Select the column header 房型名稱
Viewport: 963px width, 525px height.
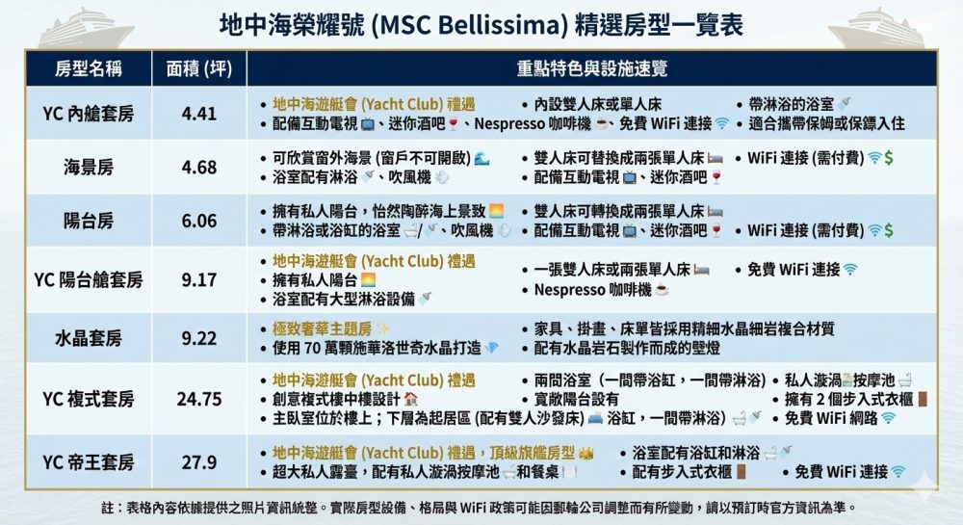pos(87,68)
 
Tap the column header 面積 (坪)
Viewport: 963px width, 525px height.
pos(199,68)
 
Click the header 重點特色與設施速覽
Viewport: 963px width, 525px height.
pos(592,68)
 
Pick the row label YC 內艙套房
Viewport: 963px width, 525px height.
pos(88,114)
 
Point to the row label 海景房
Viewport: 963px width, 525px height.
pos(88,168)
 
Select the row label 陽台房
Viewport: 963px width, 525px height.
pos(88,221)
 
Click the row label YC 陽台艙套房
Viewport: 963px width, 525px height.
pos(88,280)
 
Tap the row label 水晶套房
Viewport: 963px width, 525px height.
pos(88,338)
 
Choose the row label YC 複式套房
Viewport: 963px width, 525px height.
pos(88,399)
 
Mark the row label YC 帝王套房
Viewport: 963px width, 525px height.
pos(88,461)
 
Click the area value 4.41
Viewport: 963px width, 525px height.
pos(199,114)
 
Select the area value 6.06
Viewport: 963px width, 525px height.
pos(199,221)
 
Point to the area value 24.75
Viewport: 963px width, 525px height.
pos(199,399)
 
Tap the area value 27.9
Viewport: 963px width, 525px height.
pos(199,461)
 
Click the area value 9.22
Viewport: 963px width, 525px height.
pos(199,338)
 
